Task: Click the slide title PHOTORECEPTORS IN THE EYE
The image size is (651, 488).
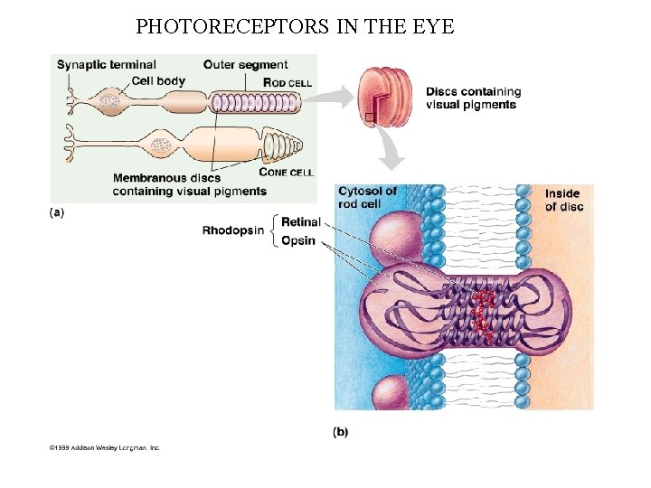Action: click(x=295, y=26)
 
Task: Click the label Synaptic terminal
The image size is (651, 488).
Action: click(x=106, y=65)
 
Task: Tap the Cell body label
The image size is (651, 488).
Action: click(x=158, y=80)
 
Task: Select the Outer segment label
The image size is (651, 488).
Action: click(x=245, y=65)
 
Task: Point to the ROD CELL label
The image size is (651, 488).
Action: click(x=288, y=83)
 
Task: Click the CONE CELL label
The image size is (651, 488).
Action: click(x=286, y=172)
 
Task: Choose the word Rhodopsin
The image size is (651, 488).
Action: click(x=233, y=230)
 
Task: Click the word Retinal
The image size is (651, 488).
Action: click(x=300, y=222)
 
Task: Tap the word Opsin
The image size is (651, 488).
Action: click(x=298, y=240)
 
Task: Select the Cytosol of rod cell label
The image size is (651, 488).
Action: click(x=366, y=197)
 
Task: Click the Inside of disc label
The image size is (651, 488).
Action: click(x=563, y=201)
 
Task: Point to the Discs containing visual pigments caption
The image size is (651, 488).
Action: click(x=473, y=98)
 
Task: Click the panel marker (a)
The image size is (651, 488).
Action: click(x=57, y=212)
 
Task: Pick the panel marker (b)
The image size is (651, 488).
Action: click(x=340, y=432)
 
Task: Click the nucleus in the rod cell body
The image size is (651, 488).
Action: click(x=109, y=102)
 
